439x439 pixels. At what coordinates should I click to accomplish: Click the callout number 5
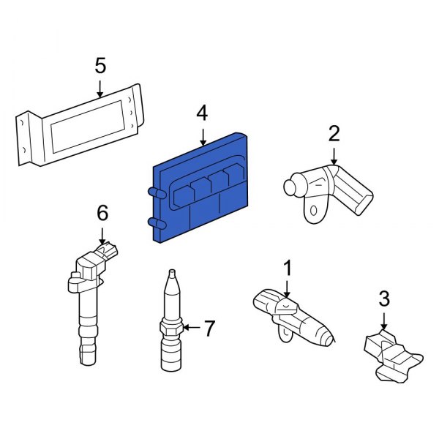100,66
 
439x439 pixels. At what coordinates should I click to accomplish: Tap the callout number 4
201,113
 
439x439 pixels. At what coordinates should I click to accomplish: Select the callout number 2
334,134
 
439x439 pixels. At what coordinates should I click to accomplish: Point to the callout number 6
102,213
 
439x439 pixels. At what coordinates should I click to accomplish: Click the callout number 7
209,329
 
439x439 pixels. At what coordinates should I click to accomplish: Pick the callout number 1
287,268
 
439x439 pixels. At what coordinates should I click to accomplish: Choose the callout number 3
384,299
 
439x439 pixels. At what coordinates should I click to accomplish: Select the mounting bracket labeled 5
80,124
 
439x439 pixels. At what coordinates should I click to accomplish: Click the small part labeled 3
391,355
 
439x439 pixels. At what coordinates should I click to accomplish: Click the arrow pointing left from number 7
192,329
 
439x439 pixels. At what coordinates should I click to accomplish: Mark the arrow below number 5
100,88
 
